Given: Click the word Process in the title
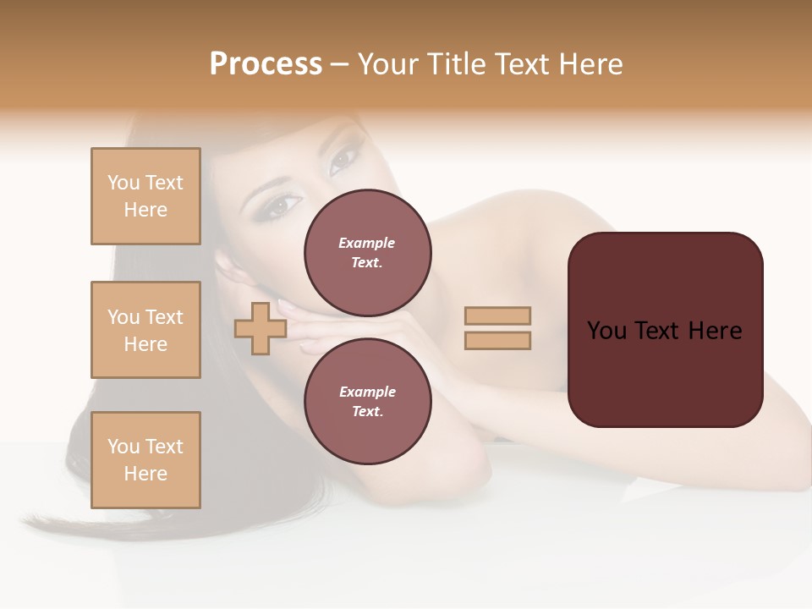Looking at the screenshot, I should coord(266,64).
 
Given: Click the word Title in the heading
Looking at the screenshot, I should coord(455,64).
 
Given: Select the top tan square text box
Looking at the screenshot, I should coord(145,196).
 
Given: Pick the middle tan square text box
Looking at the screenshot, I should coord(145,330).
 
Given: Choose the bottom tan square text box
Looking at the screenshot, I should coord(145,460).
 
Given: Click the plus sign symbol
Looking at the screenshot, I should coord(260,328).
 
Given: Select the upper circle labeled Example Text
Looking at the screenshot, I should coord(367,252).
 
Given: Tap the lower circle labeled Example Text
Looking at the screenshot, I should coord(367,401).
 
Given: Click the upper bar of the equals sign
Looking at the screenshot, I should coord(497,315).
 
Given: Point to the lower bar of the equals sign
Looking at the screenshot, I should coord(497,340).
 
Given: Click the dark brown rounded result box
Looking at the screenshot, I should coord(665,372).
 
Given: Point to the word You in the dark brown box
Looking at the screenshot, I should coord(606,330).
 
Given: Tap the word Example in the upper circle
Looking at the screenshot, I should coord(367,243).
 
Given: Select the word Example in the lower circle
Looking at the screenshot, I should coord(367,392).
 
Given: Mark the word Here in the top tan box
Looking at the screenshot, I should coord(145,210).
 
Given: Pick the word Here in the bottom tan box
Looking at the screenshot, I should coord(145,474).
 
